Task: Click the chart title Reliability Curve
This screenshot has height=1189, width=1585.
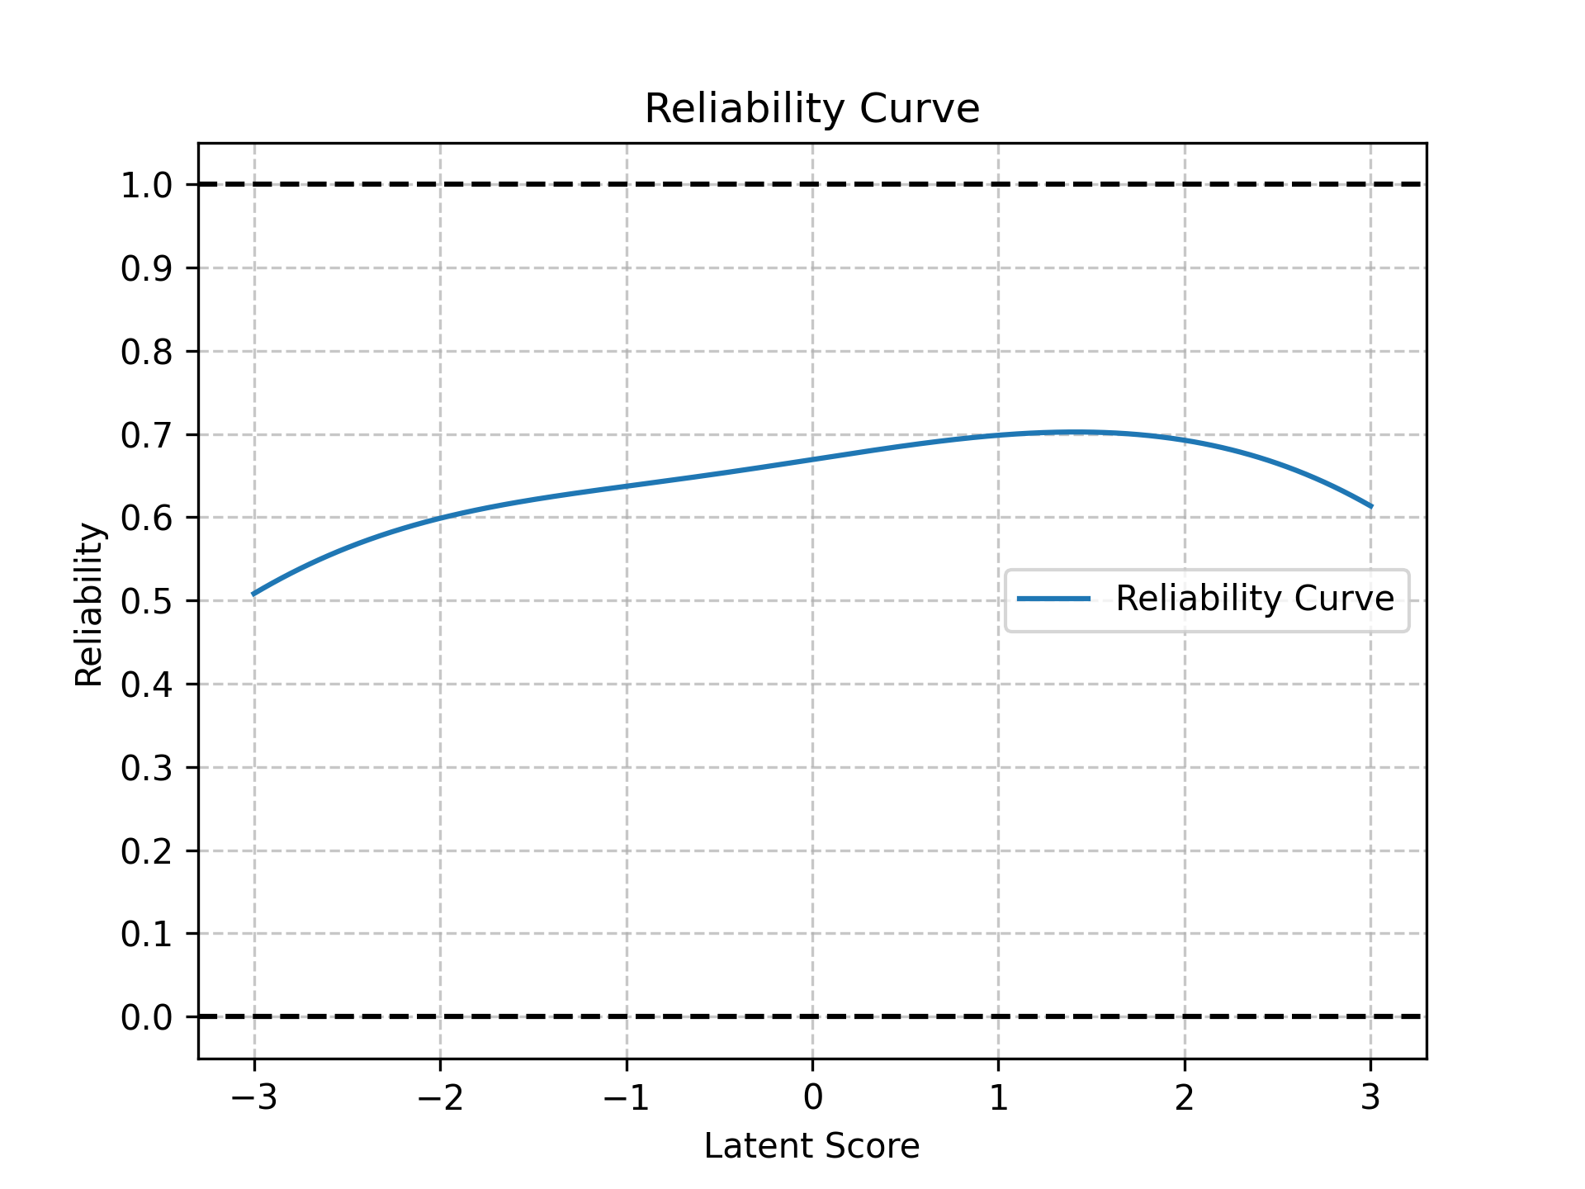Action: (x=811, y=109)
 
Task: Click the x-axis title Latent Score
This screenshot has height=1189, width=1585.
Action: (x=811, y=1146)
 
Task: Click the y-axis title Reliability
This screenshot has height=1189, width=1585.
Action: (x=89, y=604)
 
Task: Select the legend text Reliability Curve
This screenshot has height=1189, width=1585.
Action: (x=1254, y=599)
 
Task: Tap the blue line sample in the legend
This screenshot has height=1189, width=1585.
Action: (x=1053, y=599)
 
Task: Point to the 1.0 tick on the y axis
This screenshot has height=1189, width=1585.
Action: (x=146, y=185)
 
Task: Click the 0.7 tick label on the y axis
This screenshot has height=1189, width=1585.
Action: (x=146, y=435)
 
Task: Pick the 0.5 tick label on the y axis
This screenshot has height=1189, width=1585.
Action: (x=146, y=601)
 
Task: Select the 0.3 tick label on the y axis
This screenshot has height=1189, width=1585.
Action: (x=146, y=768)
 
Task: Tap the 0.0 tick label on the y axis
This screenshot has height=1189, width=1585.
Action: (x=146, y=1017)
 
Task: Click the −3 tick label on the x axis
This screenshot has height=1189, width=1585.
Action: (x=253, y=1097)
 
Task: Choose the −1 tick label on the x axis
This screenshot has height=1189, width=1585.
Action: (x=626, y=1097)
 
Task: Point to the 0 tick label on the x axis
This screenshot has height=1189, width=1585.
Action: (x=812, y=1097)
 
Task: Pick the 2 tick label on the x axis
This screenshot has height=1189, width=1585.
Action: (x=1185, y=1097)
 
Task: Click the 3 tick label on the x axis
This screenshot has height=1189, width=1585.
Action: (x=1370, y=1097)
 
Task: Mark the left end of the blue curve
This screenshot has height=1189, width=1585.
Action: (x=254, y=594)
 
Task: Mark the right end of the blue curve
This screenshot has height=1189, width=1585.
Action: (x=1370, y=506)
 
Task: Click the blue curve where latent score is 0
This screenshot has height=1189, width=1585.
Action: (x=812, y=459)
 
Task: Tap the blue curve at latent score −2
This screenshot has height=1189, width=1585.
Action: (x=440, y=518)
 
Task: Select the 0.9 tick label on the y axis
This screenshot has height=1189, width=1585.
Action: (x=146, y=268)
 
